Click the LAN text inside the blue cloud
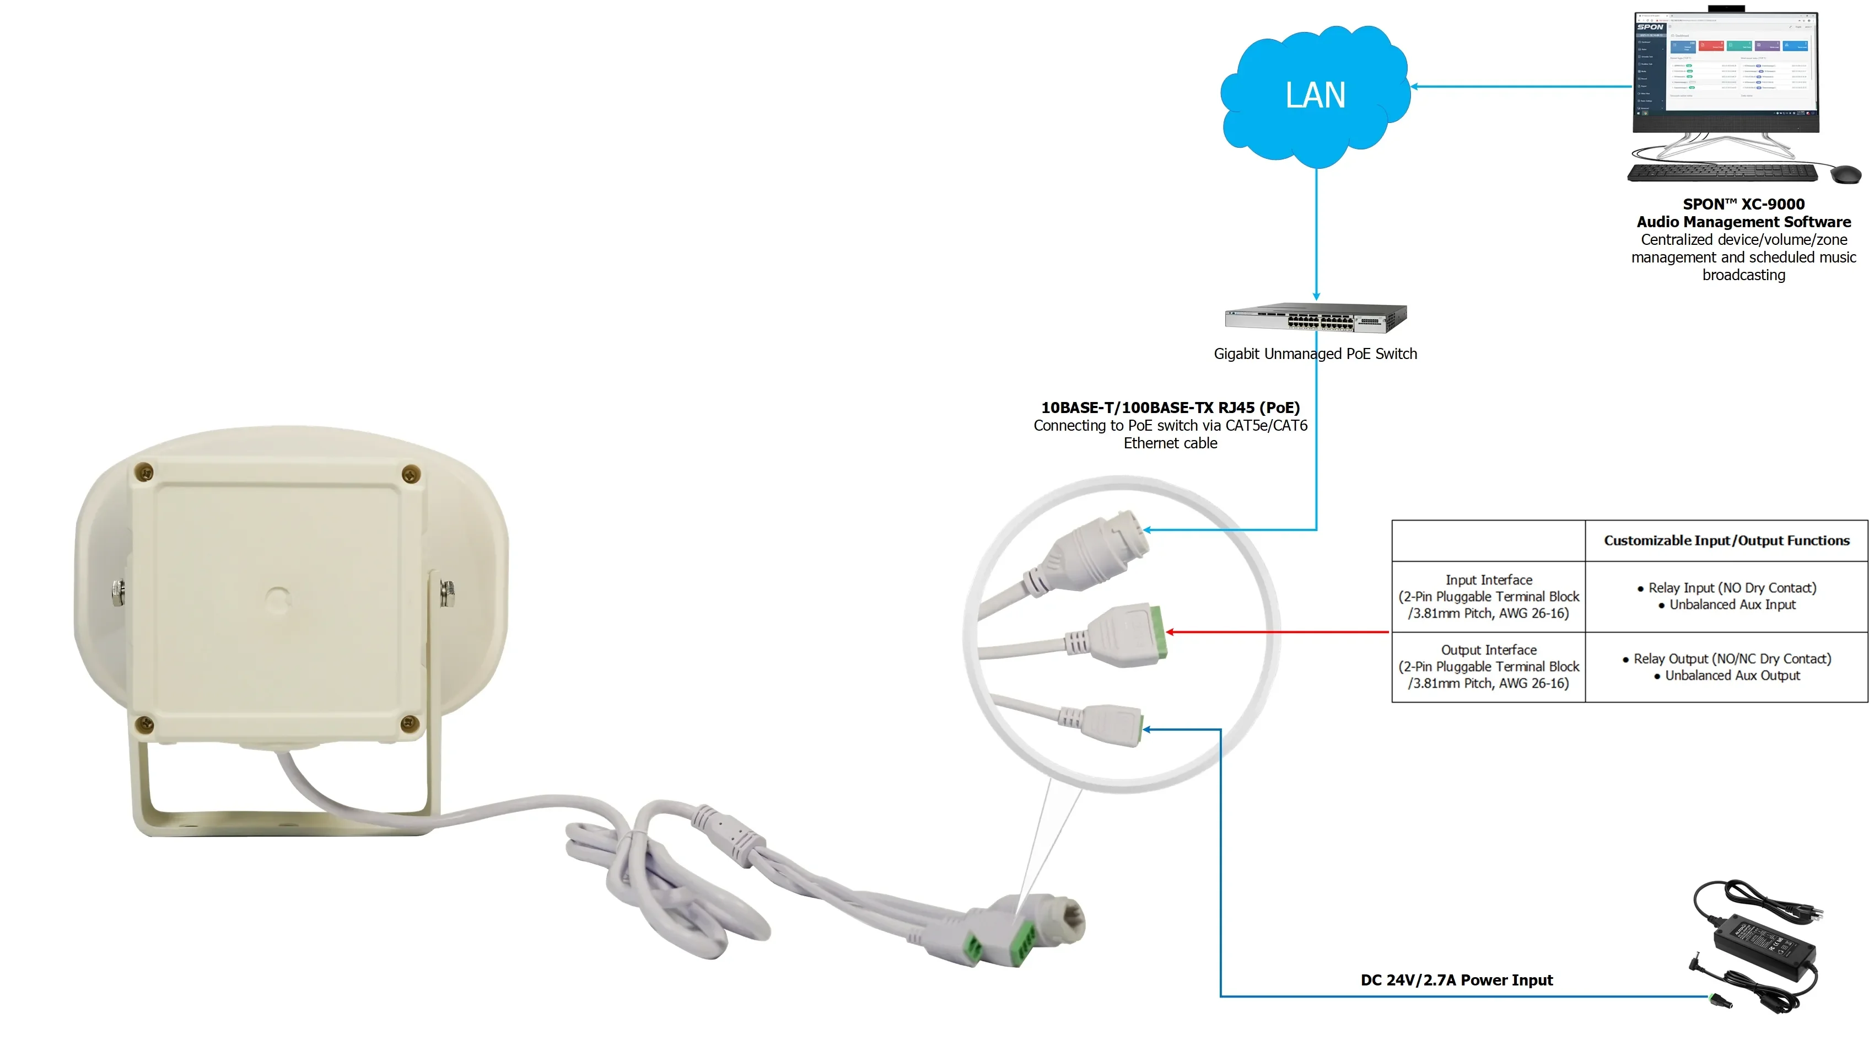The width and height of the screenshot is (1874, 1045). (1315, 95)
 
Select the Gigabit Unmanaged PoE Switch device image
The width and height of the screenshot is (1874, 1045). (1315, 317)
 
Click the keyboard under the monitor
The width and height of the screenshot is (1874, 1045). (1722, 173)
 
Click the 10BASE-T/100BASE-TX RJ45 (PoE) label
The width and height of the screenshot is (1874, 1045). (1170, 408)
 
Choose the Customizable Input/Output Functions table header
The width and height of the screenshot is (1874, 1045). (1726, 540)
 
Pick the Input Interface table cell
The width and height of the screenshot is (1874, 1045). (1488, 597)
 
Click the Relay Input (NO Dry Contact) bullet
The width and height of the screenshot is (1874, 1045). (1731, 588)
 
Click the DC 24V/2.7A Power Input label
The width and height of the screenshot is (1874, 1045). (1456, 980)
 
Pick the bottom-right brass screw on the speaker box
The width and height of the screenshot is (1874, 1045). (410, 724)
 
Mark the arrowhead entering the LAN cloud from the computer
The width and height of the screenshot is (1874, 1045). (1415, 87)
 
